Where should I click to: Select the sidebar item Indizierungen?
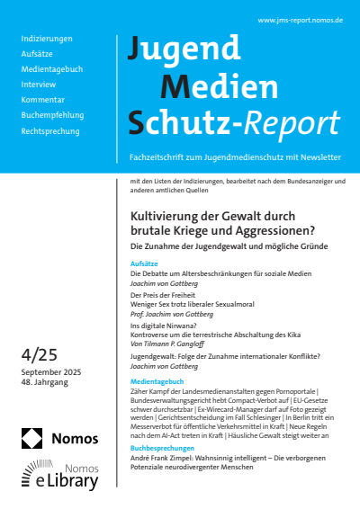47,39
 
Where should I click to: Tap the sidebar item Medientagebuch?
53,69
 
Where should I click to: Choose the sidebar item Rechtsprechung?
51,130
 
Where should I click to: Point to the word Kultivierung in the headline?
165,217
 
